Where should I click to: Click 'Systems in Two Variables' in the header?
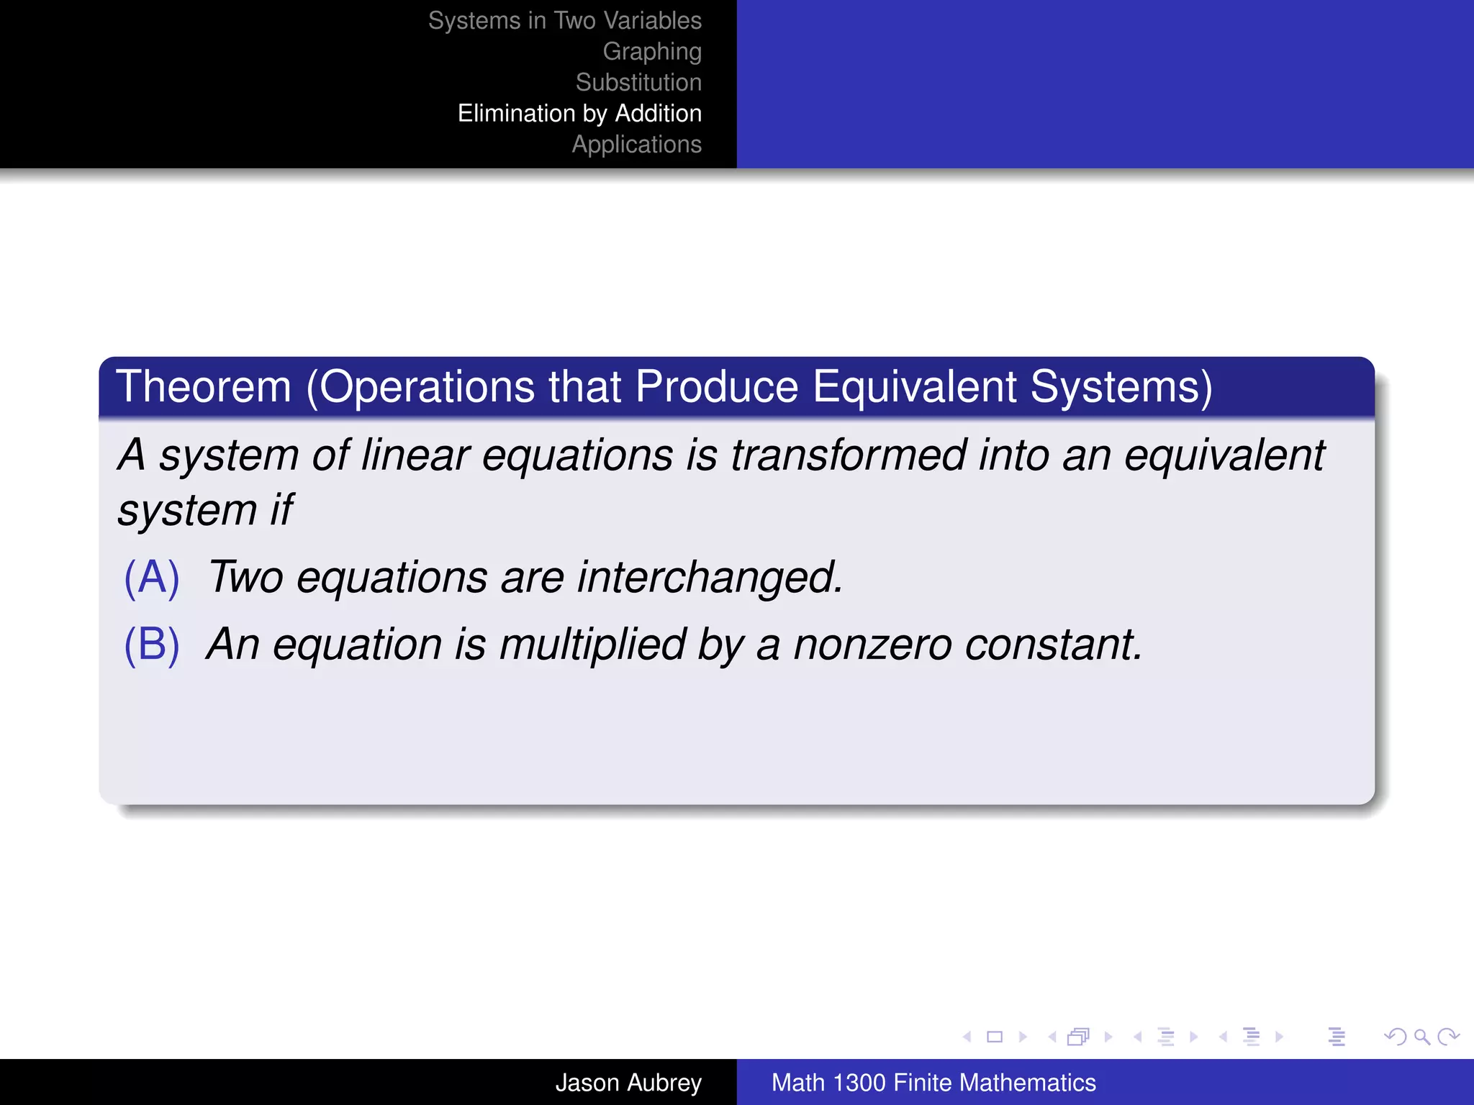[564, 21]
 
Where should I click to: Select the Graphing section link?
[651, 52]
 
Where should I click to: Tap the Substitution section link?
[638, 83]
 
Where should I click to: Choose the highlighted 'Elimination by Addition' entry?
[579, 114]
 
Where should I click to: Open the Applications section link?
[636, 145]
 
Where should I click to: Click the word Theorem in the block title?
[204, 387]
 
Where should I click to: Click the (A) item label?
[151, 578]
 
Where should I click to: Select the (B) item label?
[151, 645]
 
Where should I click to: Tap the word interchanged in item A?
[710, 578]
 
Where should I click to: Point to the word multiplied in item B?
[592, 645]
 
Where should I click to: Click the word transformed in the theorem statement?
[849, 455]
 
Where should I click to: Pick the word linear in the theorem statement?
[415, 455]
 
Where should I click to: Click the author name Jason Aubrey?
[628, 1083]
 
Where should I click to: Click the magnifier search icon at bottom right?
[1421, 1037]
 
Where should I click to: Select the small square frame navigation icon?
[995, 1037]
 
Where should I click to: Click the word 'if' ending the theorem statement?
[281, 511]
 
